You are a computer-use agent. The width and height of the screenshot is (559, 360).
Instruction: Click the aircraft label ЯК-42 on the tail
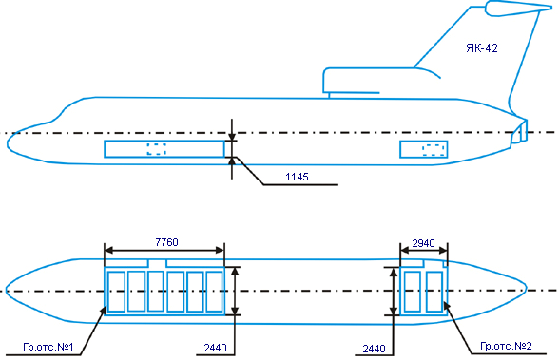coord(482,48)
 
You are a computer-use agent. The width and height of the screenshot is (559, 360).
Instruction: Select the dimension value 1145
coord(297,177)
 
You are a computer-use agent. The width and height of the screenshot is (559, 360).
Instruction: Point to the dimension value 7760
coord(166,242)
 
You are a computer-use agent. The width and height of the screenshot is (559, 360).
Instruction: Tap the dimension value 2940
coord(424,243)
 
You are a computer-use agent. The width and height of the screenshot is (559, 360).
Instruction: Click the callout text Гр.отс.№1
coord(48,347)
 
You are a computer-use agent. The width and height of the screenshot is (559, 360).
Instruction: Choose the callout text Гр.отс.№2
coord(506,346)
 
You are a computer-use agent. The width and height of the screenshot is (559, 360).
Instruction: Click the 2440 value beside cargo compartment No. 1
coord(215,348)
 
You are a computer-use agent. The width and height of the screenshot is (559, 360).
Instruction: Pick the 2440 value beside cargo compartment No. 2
coord(374,349)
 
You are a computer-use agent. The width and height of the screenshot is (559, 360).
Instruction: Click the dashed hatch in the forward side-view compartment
coord(157,149)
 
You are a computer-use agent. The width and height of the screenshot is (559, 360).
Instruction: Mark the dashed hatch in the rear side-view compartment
coord(434,150)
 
